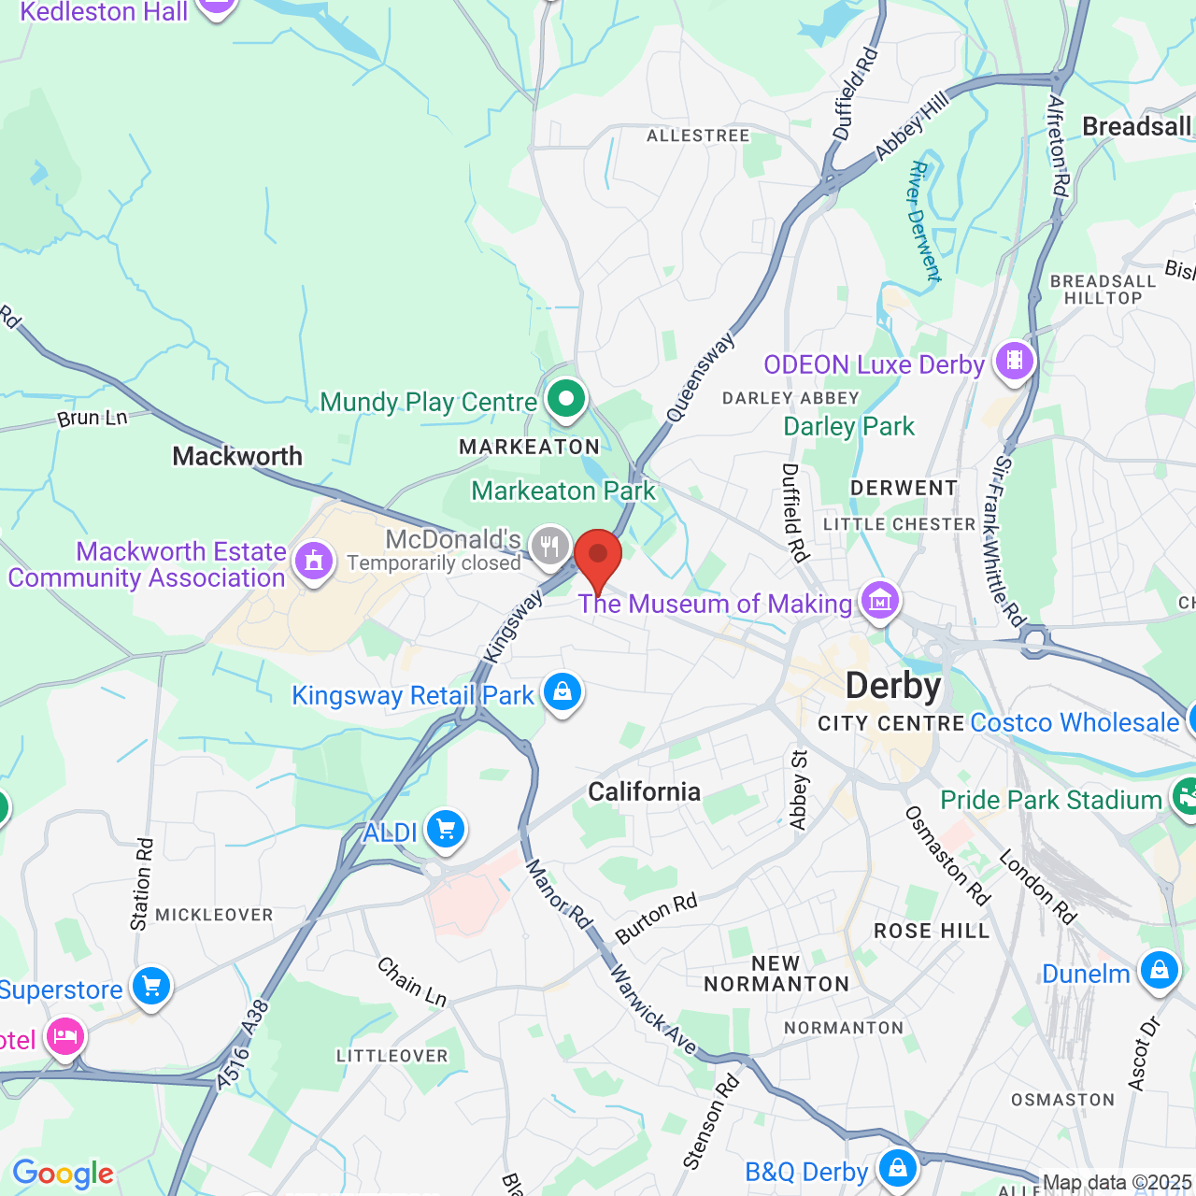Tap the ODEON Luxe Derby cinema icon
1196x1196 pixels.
[x=1014, y=361]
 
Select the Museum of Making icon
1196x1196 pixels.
[x=880, y=601]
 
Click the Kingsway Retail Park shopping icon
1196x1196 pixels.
[x=562, y=692]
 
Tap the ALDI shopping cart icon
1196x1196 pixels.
[x=445, y=829]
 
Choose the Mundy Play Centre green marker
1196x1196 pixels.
[x=565, y=399]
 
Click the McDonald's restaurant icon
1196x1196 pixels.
[x=549, y=546]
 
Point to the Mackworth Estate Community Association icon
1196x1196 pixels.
[x=313, y=562]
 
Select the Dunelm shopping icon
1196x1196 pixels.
[x=1159, y=971]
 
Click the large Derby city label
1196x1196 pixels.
[x=893, y=687]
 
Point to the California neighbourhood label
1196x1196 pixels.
[x=644, y=792]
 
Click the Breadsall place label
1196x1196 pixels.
[x=1136, y=127]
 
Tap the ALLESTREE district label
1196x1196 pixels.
[x=698, y=136]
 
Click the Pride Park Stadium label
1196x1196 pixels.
[x=1050, y=801]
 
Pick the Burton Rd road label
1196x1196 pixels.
[x=656, y=918]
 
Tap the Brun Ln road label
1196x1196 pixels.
[x=92, y=418]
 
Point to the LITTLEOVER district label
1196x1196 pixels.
[x=392, y=1056]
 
